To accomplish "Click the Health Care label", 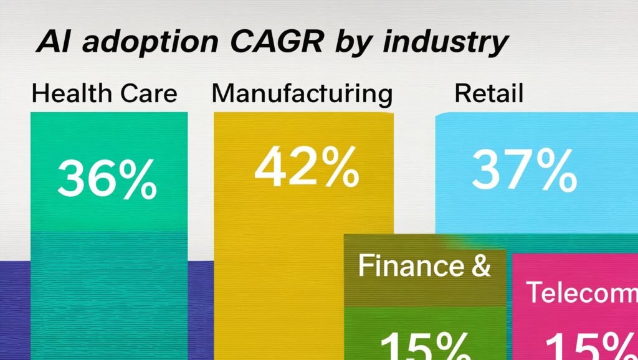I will point(104,94).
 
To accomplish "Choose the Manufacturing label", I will point(302,95).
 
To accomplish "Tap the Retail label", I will point(488,94).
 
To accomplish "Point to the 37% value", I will point(523,171).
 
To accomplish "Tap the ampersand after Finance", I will point(478,266).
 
